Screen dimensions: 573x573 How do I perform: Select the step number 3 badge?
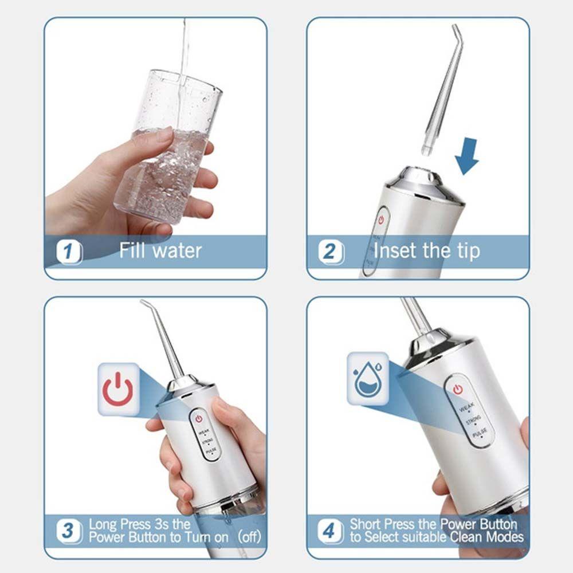coord(69,530)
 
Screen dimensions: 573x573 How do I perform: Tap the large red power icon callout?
coord(117,390)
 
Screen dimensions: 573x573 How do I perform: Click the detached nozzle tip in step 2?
coord(441,92)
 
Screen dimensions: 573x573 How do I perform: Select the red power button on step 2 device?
coord(379,219)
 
